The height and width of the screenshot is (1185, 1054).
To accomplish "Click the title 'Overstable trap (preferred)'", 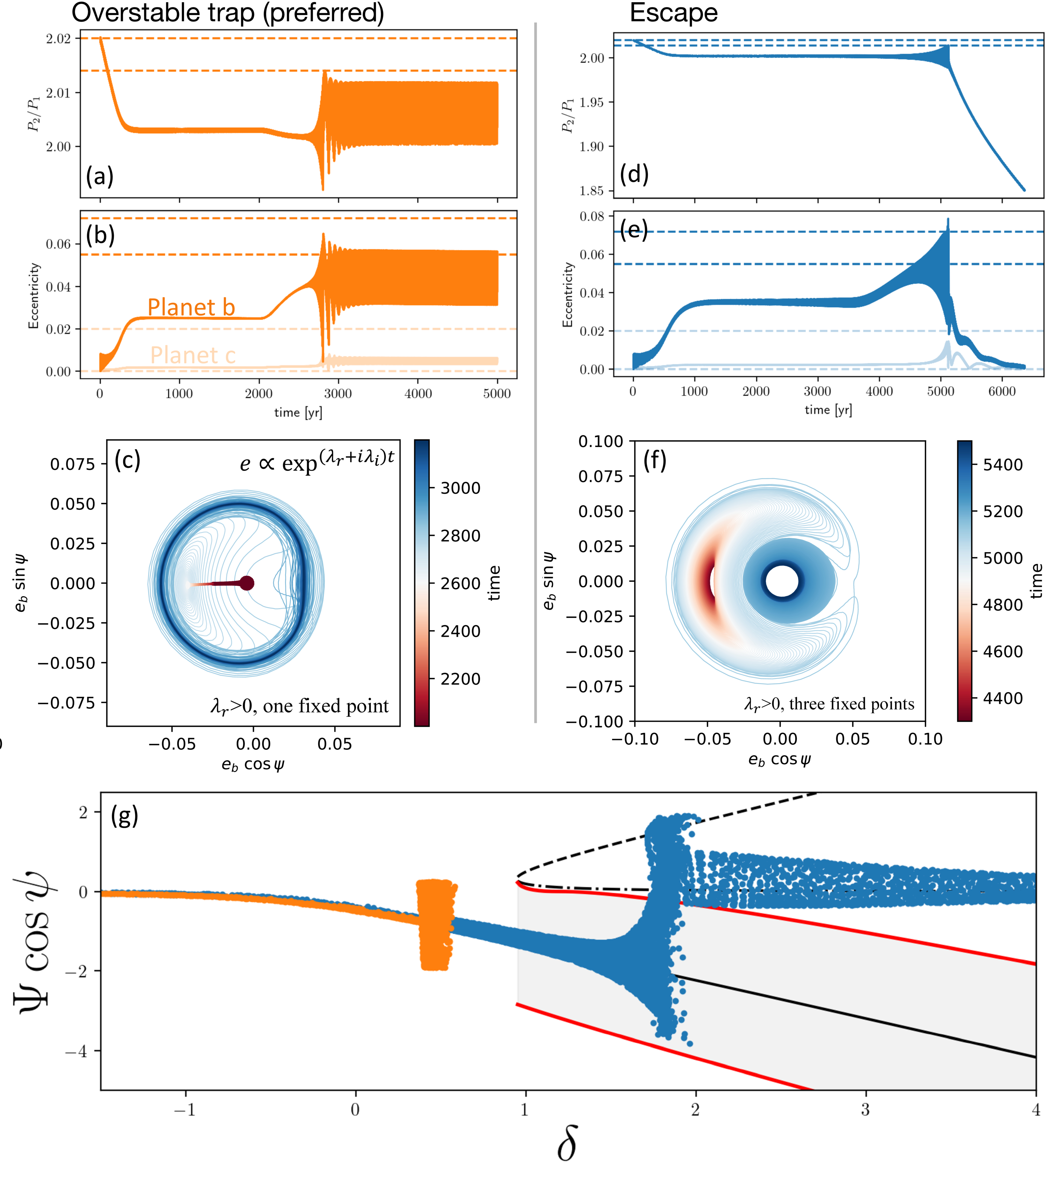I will (x=228, y=13).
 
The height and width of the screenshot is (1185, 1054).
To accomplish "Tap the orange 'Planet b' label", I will (x=191, y=307).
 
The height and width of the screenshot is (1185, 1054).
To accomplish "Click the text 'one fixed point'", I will (x=326, y=706).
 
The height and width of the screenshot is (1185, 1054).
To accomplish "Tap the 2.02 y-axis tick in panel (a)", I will (x=59, y=39).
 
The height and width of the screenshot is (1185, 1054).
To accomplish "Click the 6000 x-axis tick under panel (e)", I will (x=1002, y=391).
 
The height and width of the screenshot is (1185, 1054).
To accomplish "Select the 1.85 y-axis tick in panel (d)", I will (x=592, y=191).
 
